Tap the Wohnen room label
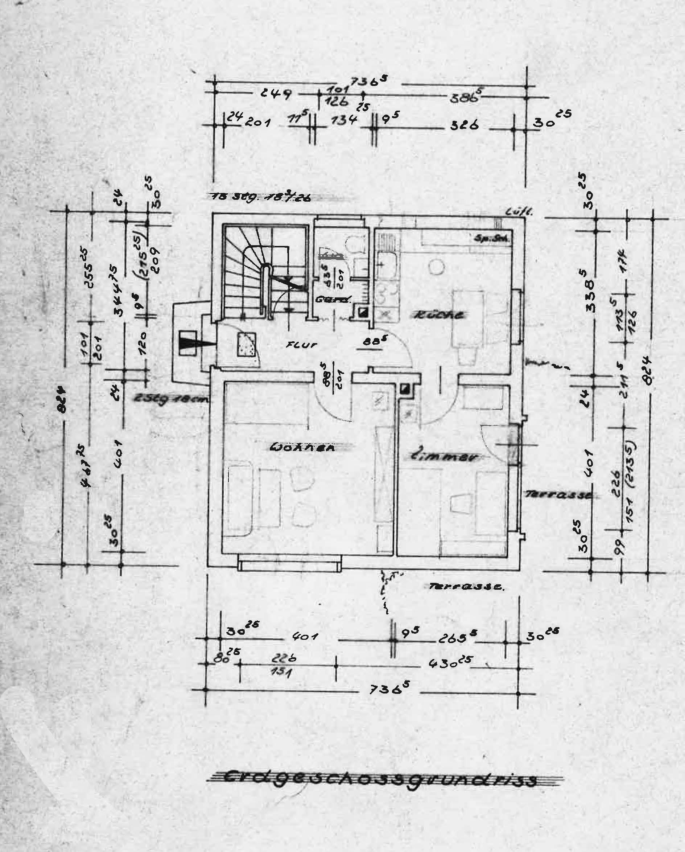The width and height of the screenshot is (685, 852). point(302,448)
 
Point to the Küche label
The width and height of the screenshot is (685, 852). point(439,315)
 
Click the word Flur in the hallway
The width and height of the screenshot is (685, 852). point(302,345)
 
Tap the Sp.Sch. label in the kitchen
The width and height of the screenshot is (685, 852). point(492,239)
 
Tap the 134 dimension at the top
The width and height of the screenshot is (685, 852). point(344,120)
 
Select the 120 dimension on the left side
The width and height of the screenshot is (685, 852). point(143,343)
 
